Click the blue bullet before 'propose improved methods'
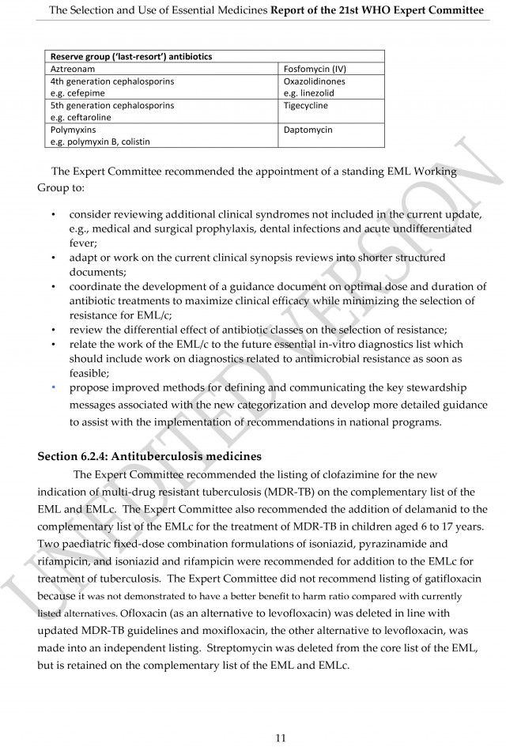[x=53, y=388]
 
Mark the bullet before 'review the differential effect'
[x=53, y=330]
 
